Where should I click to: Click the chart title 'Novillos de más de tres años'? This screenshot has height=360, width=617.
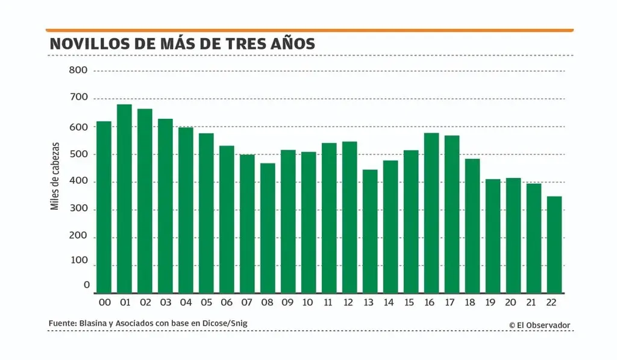click(x=182, y=44)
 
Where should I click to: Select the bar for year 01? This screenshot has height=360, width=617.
click(x=124, y=199)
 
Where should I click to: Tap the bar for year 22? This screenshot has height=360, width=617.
click(x=554, y=245)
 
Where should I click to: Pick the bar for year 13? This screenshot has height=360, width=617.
click(x=369, y=232)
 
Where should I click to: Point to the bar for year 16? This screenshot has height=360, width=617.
click(x=431, y=213)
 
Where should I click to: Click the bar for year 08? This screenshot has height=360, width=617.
click(x=268, y=228)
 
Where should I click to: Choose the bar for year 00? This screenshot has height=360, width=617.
click(x=104, y=207)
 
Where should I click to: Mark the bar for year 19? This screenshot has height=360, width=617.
click(x=492, y=236)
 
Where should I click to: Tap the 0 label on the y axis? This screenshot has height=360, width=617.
click(x=87, y=285)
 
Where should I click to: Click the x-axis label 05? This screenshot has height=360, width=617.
click(x=205, y=303)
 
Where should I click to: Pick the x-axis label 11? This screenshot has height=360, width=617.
click(x=328, y=303)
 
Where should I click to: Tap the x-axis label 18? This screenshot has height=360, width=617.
click(x=472, y=303)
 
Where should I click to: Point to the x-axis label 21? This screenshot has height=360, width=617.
click(x=533, y=303)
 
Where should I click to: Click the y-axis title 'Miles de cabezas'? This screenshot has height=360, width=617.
click(x=55, y=176)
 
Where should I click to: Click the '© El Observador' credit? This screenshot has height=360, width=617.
click(x=539, y=325)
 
